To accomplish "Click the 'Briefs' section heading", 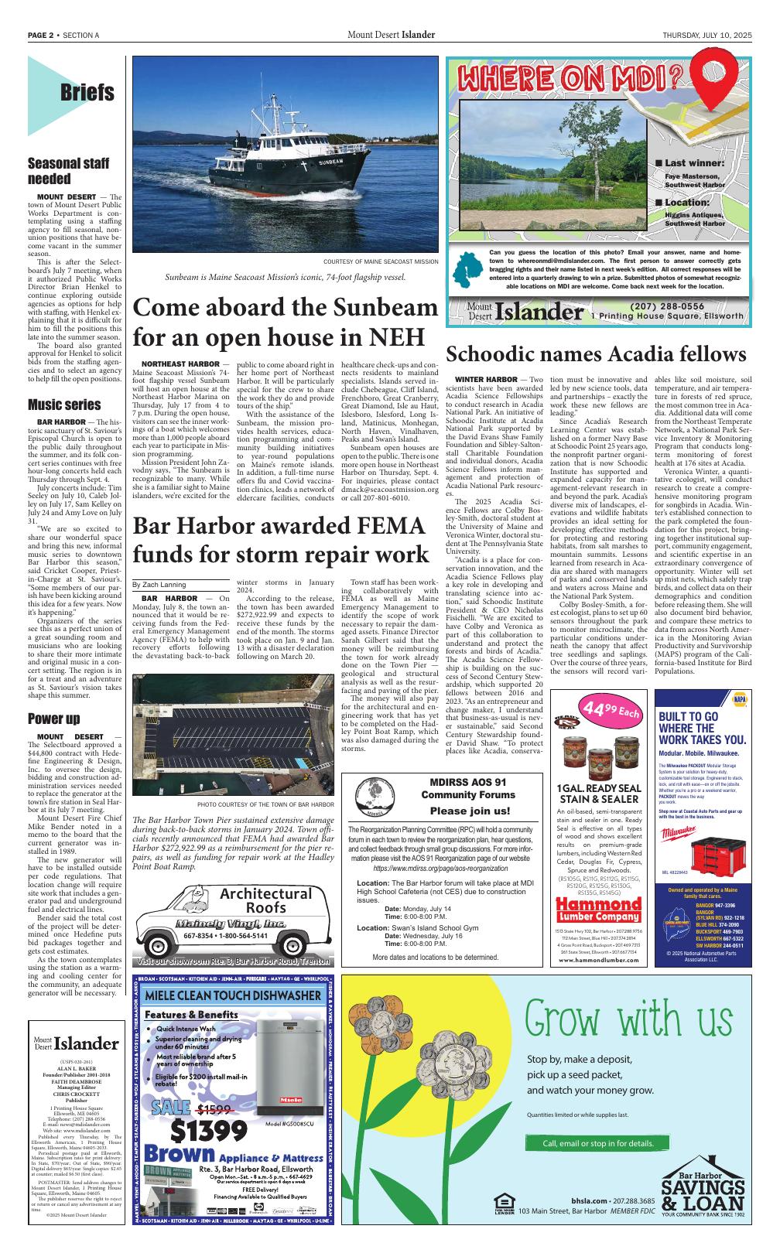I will (87, 94).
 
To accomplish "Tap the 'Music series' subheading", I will (64, 405).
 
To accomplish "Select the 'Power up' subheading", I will (53, 719).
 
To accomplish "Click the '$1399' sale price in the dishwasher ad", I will (210, 1132).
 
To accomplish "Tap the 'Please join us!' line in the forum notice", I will (469, 811).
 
